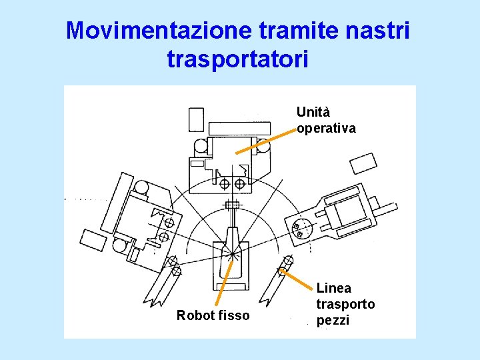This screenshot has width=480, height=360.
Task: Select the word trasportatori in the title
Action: point(238,59)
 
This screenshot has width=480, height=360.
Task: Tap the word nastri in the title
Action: point(378,31)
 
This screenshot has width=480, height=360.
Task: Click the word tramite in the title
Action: point(292,31)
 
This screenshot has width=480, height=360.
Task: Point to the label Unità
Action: point(313,112)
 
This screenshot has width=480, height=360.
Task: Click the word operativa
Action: point(326,127)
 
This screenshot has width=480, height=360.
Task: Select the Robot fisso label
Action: point(213,315)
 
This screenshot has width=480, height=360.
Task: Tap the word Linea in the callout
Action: point(333,289)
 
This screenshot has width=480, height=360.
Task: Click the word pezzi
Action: point(332,319)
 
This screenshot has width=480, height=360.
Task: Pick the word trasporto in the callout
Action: point(345,304)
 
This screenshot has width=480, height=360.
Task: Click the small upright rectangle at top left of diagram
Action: point(196,119)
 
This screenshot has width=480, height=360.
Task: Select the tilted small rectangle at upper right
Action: point(363,164)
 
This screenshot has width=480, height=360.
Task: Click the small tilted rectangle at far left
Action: point(91,239)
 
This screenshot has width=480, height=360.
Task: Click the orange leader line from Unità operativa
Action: point(265,142)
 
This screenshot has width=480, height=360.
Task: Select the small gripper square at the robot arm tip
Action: point(232,204)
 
